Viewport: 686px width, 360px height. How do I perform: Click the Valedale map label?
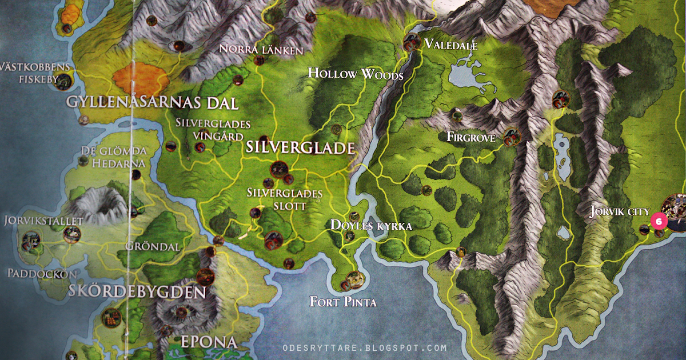click(x=450, y=45)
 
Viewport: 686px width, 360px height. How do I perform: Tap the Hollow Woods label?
click(x=356, y=74)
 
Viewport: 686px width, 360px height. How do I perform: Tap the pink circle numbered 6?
click(x=659, y=220)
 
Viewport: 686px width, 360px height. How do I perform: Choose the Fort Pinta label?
click(x=343, y=301)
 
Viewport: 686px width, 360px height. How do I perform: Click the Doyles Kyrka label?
click(x=371, y=226)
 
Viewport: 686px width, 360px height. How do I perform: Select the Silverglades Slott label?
click(x=284, y=199)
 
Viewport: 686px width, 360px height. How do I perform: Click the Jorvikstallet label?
click(x=43, y=220)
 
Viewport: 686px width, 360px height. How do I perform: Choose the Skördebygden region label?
click(x=137, y=293)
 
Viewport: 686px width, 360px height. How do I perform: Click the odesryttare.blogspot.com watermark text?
click(x=364, y=347)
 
